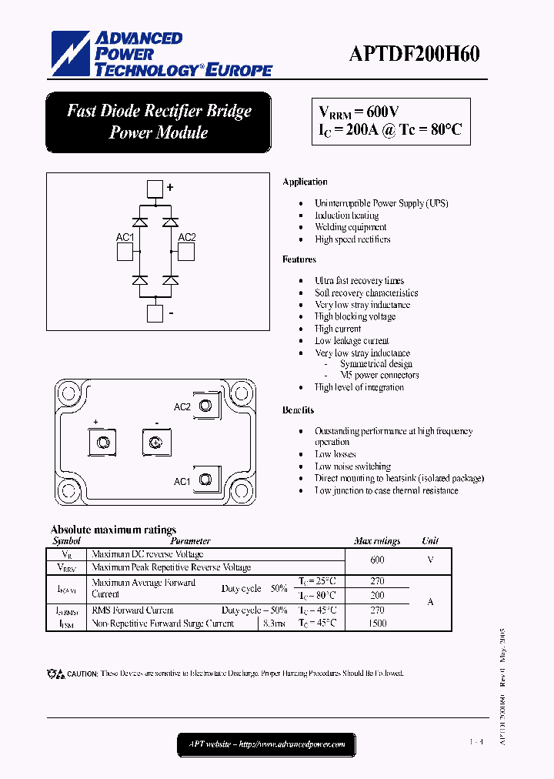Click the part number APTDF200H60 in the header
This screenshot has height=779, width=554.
pos(414,53)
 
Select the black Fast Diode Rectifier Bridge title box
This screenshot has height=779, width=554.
pos(159,122)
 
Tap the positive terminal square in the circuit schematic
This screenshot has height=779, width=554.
pos(155,189)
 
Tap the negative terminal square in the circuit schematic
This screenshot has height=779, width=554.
pos(155,313)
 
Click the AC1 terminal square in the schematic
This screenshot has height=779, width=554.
pos(125,252)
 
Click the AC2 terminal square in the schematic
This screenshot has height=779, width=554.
pos(185,252)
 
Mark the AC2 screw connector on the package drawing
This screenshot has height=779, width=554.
pos(205,406)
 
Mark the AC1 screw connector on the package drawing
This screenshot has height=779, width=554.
pos(205,480)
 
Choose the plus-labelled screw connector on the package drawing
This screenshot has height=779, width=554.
pos(103,443)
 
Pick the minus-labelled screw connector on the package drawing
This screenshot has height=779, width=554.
pos(155,443)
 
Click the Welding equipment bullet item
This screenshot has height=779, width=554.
pos(350,227)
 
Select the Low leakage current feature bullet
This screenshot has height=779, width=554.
pos(352,340)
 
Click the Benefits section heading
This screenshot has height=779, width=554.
pos(298,410)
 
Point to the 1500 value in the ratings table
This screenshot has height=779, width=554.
pos(377,624)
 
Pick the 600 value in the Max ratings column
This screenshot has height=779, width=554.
pos(377,560)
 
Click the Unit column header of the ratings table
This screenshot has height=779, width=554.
pos(430,541)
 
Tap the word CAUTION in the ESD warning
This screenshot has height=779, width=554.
pos(82,674)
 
